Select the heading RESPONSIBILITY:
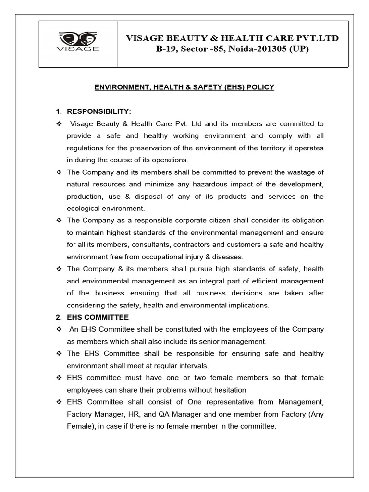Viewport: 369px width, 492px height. (x=98, y=112)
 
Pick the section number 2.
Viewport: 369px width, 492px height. (x=58, y=317)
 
